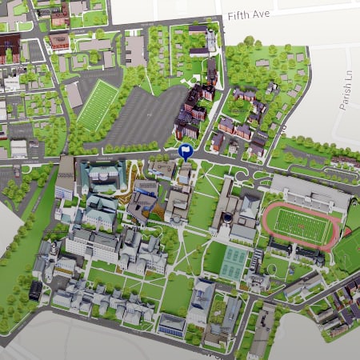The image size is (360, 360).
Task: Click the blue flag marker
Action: tap(186, 151)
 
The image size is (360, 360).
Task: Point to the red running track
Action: tap(270, 219)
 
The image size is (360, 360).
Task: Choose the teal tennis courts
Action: tap(234, 262)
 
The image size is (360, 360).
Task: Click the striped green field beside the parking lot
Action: tap(98, 105)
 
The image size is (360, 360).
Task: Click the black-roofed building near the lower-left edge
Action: tap(35, 290)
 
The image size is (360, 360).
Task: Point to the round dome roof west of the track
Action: tap(229, 218)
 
